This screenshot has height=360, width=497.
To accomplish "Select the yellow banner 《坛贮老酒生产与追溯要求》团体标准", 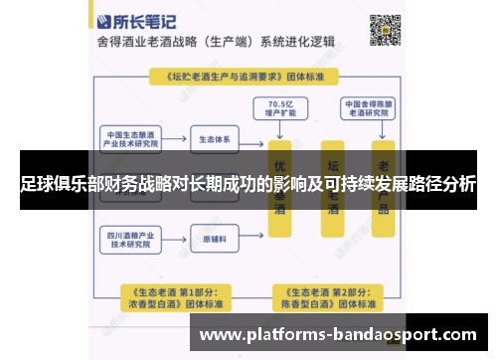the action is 248,76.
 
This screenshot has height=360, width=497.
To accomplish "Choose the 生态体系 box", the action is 216,139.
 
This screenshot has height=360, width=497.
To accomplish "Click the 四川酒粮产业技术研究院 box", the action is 131,240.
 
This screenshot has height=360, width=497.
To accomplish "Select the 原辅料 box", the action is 216,240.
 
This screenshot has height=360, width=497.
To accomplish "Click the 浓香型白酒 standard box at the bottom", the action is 171,296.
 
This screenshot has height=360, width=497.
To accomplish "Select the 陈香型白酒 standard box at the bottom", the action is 327,296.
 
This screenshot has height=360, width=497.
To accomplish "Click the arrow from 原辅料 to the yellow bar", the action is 252,240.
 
